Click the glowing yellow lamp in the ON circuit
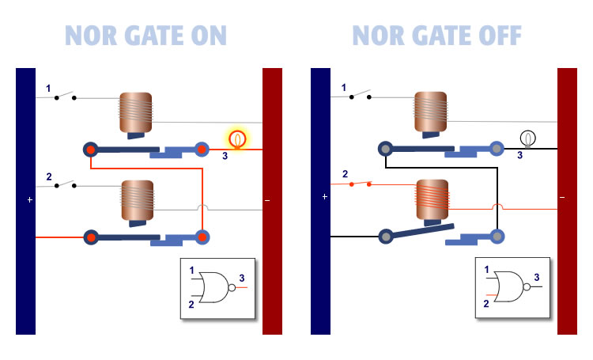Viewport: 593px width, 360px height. tap(236, 139)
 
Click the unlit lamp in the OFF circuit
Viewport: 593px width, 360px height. tap(528, 138)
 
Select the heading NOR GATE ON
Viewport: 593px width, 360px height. tap(145, 36)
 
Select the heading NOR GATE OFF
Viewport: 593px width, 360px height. tap(436, 36)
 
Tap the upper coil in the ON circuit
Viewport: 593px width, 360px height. tap(135, 112)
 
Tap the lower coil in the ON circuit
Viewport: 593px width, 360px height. tap(135, 201)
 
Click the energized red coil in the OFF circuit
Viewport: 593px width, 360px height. tap(432, 201)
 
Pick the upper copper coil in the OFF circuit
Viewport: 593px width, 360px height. tap(430, 112)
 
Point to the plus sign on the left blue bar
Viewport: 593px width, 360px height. tap(30, 200)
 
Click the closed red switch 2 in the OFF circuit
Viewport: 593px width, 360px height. tap(361, 184)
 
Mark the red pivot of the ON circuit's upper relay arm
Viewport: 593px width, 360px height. tap(91, 149)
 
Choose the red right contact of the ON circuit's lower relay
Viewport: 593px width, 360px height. tap(202, 236)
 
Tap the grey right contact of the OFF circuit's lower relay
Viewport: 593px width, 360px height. tap(497, 236)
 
